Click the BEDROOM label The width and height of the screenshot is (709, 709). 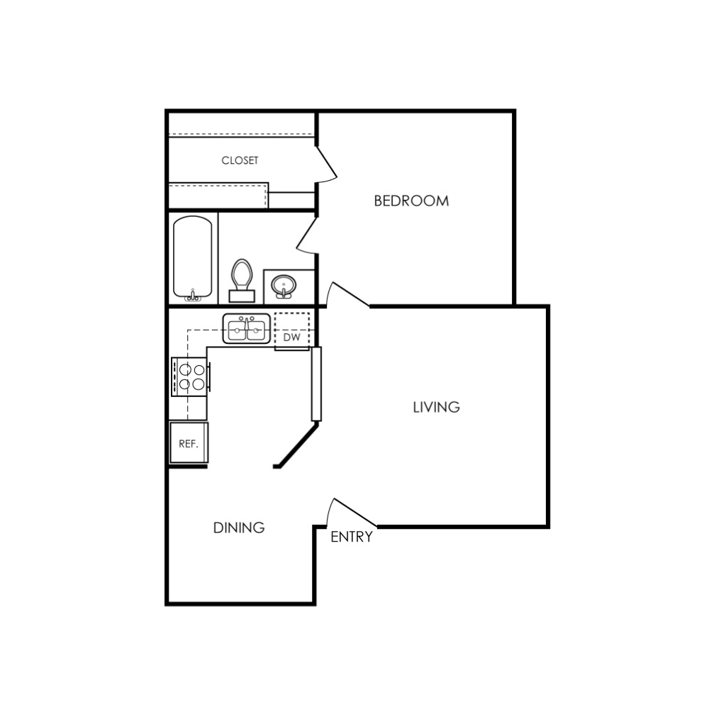coord(411,201)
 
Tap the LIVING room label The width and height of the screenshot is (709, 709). coord(436,407)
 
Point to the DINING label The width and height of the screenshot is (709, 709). coord(239,527)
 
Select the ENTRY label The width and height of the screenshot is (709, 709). coord(352,537)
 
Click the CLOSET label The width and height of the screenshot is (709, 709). coord(240,160)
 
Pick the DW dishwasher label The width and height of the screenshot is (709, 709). coord(291,337)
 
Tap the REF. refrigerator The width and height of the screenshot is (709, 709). coord(189,442)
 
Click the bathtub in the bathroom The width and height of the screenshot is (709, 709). coord(193,258)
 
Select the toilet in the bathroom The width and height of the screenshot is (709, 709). coord(242,280)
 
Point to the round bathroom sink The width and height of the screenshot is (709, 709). coord(284,286)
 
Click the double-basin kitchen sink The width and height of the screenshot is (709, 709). coord(247,328)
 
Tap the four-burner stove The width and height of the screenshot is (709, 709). coord(190,376)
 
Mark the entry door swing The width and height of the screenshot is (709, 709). coord(347,510)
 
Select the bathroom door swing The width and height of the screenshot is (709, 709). coord(306,235)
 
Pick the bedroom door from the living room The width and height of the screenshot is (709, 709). coord(347,294)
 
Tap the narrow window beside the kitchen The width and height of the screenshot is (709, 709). coord(316,384)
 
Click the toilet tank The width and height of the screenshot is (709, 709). coord(242,296)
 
